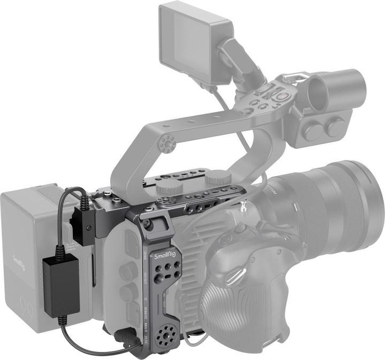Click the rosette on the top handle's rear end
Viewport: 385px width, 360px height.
click(x=167, y=143)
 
